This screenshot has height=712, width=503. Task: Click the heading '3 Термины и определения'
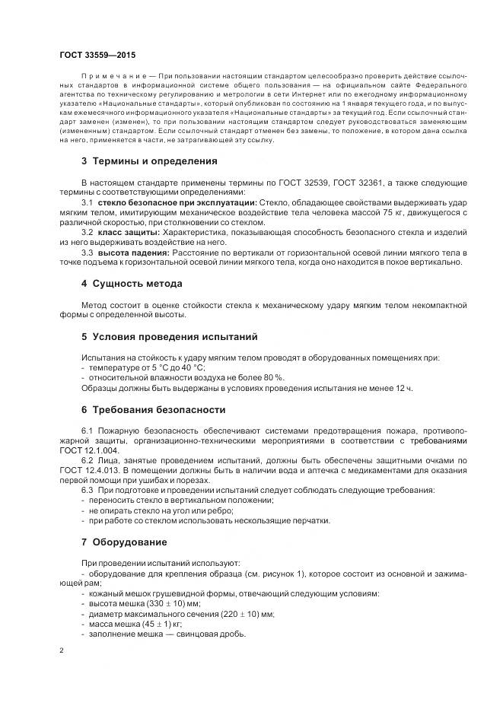pyautogui.click(x=149, y=161)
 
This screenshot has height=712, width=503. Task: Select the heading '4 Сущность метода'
pyautogui.click(x=131, y=284)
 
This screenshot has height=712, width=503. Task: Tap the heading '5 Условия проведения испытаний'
pyautogui.click(x=169, y=335)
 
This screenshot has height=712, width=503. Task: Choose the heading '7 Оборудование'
pyautogui.click(x=124, y=542)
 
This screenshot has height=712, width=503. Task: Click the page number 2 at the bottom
pyautogui.click(x=62, y=651)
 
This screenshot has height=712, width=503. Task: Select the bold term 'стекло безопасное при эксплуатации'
pyautogui.click(x=177, y=203)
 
